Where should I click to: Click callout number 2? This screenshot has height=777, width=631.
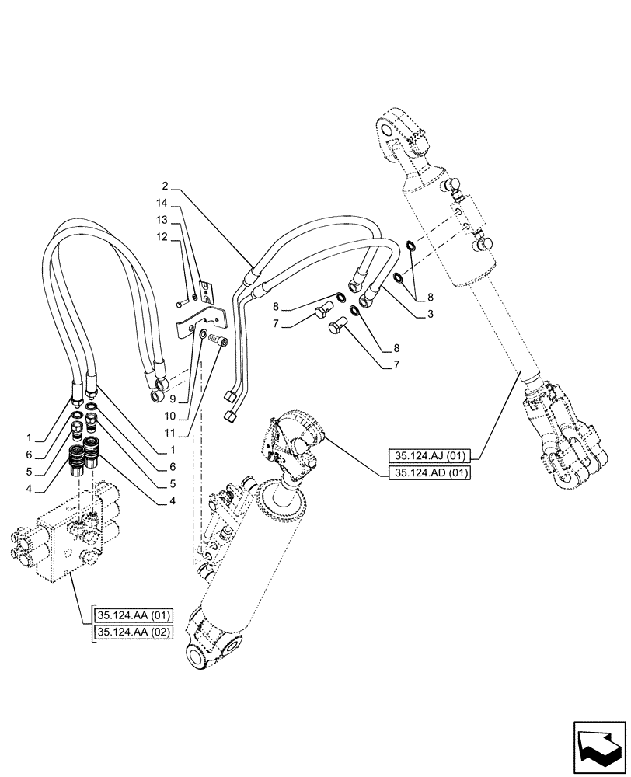(166, 187)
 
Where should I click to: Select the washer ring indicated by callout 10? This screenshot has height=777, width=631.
(204, 334)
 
